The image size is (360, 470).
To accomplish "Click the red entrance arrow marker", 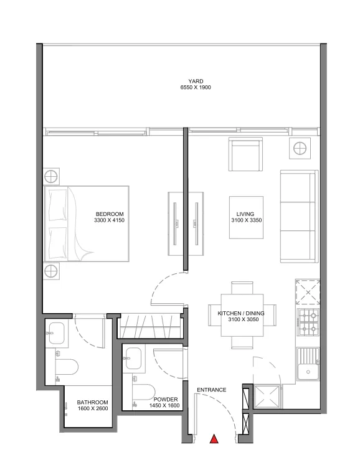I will pyautogui.click(x=214, y=439).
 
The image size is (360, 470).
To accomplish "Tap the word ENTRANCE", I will pyautogui.click(x=211, y=390).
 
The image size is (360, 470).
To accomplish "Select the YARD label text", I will pyautogui.click(x=196, y=81).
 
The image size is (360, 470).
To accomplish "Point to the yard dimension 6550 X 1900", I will pyautogui.click(x=196, y=88).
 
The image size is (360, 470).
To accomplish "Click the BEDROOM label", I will pyautogui.click(x=108, y=213).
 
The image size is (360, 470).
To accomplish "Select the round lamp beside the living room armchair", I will pyautogui.click(x=300, y=148).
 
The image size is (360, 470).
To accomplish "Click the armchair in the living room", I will pyautogui.click(x=245, y=154).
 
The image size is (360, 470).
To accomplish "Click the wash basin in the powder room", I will pyautogui.click(x=133, y=359).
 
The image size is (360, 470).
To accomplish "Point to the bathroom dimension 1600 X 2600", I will pyautogui.click(x=92, y=409).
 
